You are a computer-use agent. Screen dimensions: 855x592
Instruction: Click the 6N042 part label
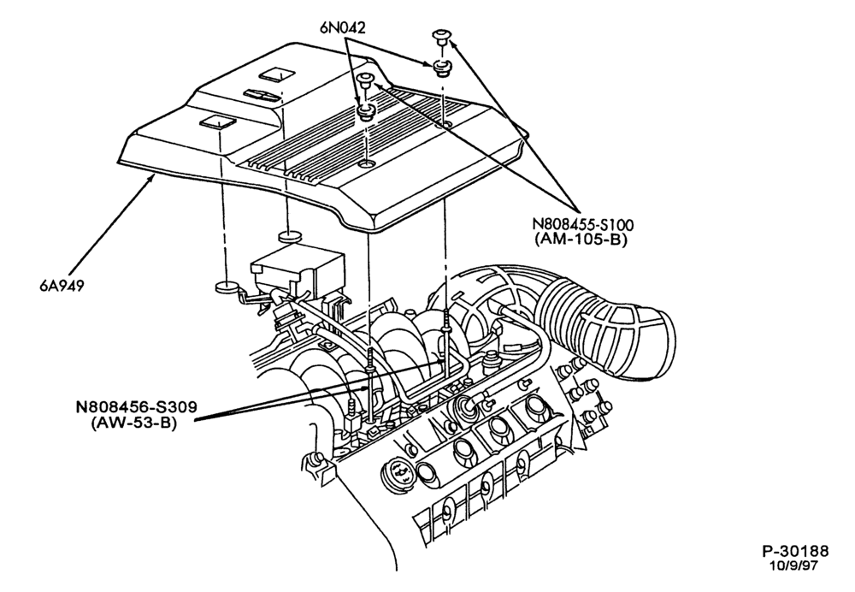coord(343,28)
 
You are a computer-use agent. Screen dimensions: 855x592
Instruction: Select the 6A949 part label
coord(62,286)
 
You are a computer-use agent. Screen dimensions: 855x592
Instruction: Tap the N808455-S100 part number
coord(583,224)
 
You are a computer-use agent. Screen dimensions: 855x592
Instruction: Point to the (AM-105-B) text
coord(581,239)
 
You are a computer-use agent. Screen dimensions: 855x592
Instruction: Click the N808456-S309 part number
coord(136,407)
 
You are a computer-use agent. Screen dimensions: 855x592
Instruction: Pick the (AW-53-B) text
coord(134,423)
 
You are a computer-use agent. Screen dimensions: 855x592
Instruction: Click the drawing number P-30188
coord(795,551)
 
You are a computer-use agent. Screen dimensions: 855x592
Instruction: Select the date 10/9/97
coord(795,565)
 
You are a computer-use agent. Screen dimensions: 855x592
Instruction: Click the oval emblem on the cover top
coord(261,95)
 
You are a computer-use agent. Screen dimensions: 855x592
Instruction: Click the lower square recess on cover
coord(215,122)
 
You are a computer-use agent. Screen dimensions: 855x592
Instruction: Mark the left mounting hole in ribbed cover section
coord(367,163)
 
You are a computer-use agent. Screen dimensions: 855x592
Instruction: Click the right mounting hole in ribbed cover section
coord(446,126)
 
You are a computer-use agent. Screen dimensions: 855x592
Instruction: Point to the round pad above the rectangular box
coord(291,237)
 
